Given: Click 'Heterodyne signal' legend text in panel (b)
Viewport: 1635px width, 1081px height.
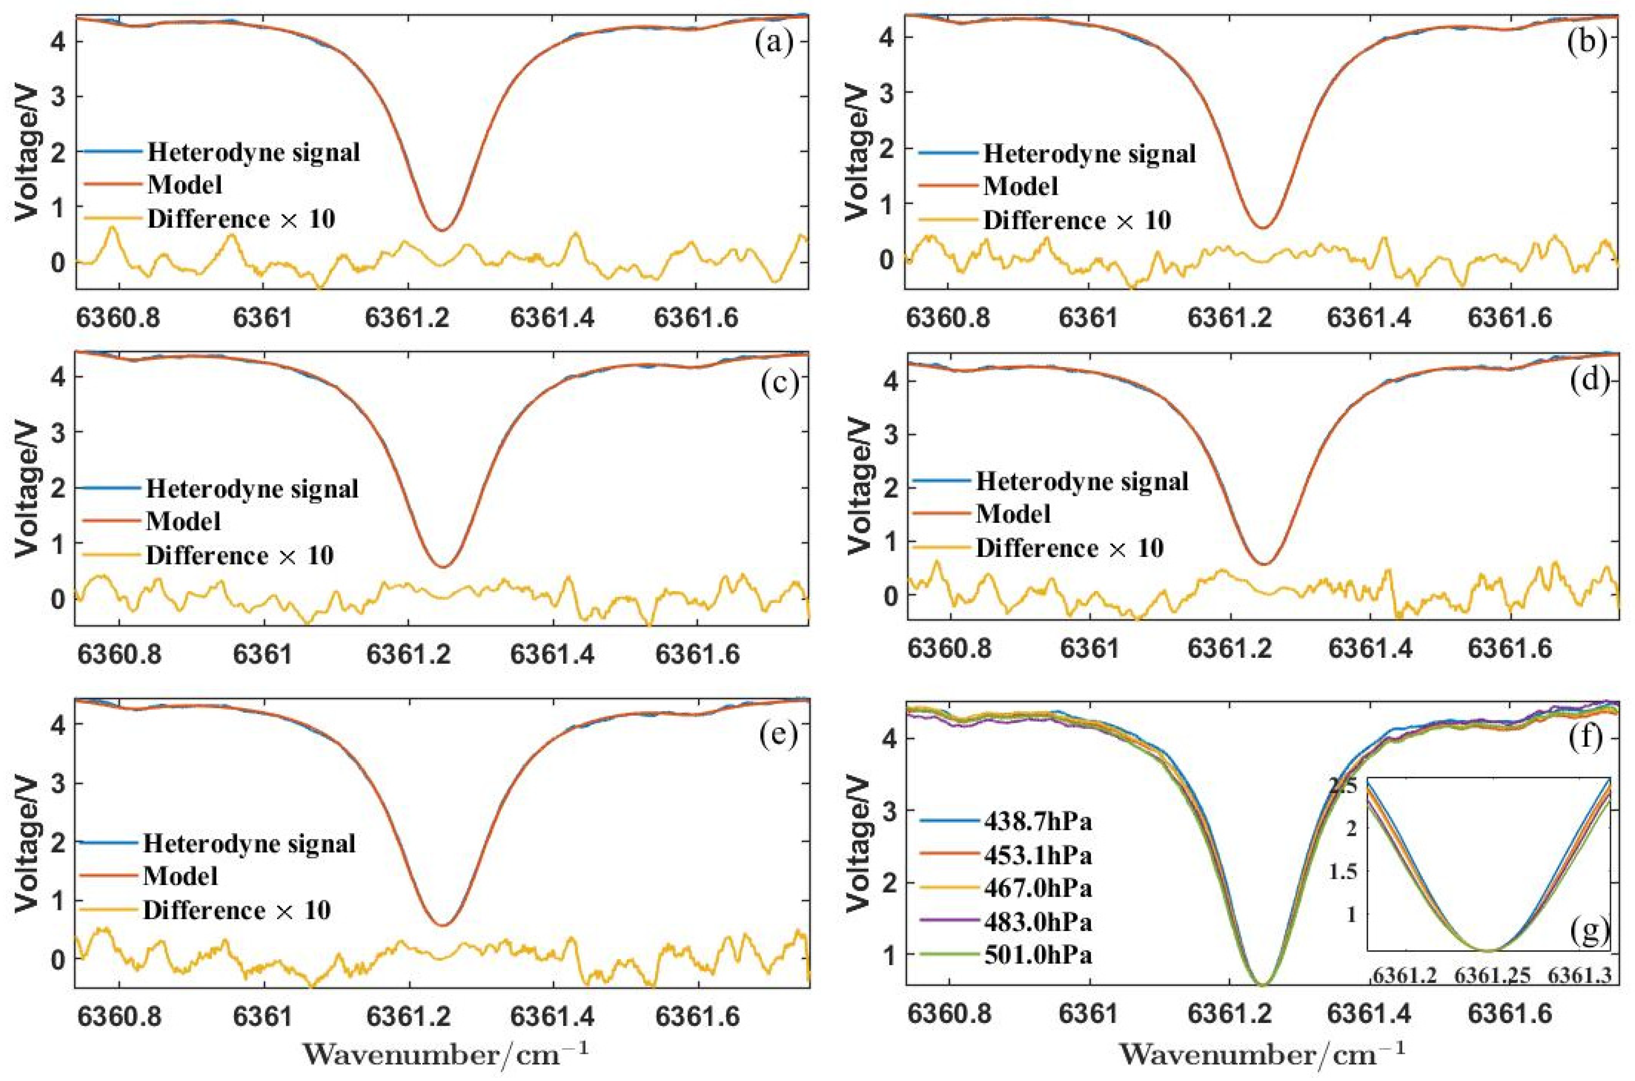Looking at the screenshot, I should (x=1089, y=153).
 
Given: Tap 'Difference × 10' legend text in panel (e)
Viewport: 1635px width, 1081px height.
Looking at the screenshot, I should (x=237, y=910).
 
